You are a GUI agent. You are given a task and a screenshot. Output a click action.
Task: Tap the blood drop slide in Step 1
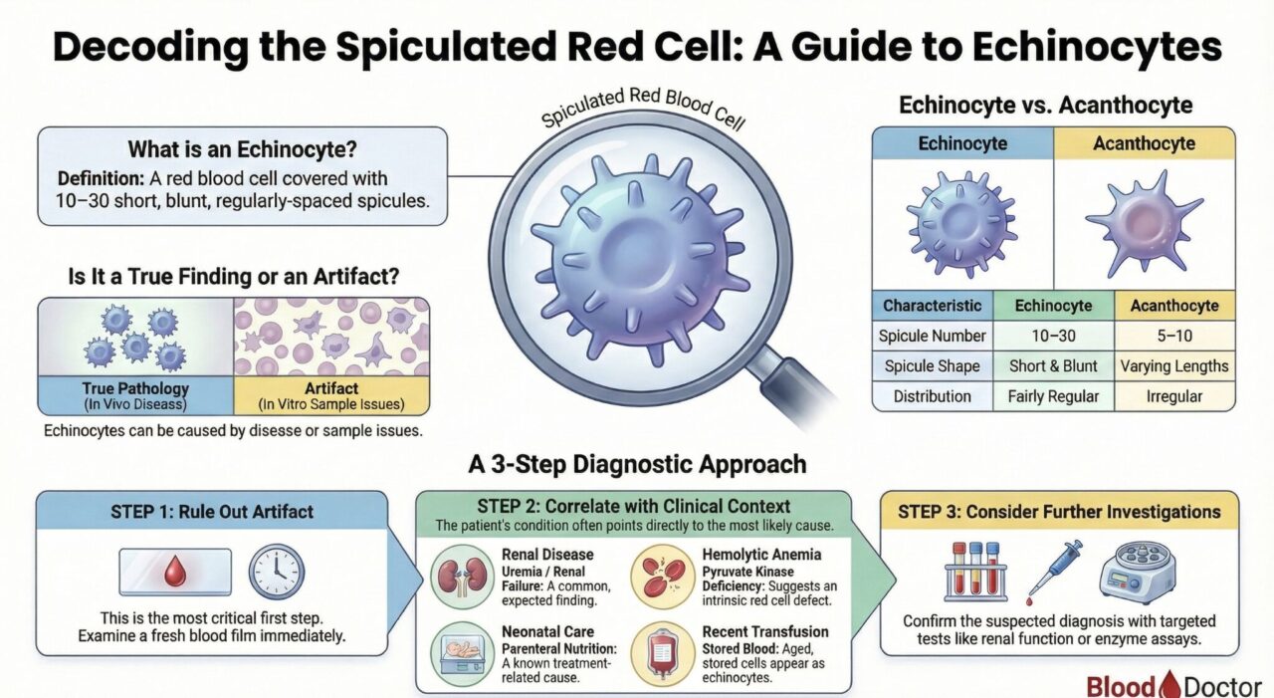(175, 573)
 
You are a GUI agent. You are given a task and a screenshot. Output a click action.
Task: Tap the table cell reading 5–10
(1174, 336)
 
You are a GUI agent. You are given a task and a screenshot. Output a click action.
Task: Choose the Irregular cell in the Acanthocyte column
(1174, 396)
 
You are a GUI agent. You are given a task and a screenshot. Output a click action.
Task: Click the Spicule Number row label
(933, 336)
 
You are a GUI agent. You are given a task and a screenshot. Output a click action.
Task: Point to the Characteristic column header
(933, 306)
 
